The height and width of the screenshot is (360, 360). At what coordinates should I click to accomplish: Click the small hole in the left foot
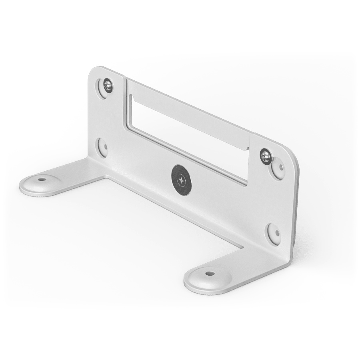tap(40, 180)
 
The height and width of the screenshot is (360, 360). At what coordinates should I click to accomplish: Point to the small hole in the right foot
tap(209, 274)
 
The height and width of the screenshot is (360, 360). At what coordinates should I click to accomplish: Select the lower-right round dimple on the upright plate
tap(274, 233)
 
